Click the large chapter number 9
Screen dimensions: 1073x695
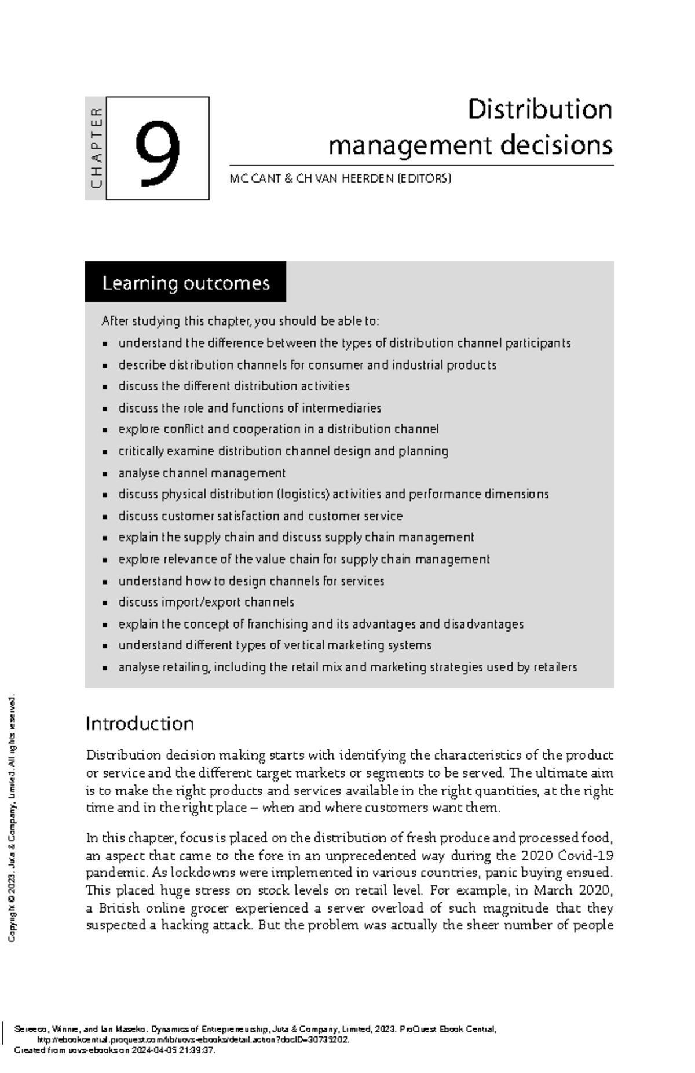[x=157, y=153]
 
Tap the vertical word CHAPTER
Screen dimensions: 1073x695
[x=96, y=148]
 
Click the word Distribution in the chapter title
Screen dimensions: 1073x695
[x=539, y=110]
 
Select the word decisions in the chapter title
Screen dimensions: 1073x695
[x=555, y=145]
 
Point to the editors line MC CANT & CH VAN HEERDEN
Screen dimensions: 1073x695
[x=340, y=178]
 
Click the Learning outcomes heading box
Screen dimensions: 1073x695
[x=185, y=283]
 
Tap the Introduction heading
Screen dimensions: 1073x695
[x=140, y=723]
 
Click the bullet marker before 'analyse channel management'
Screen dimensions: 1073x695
[x=105, y=474]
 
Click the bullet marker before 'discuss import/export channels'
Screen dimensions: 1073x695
[x=105, y=603]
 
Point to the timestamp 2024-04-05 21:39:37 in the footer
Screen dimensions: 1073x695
[x=174, y=1050]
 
